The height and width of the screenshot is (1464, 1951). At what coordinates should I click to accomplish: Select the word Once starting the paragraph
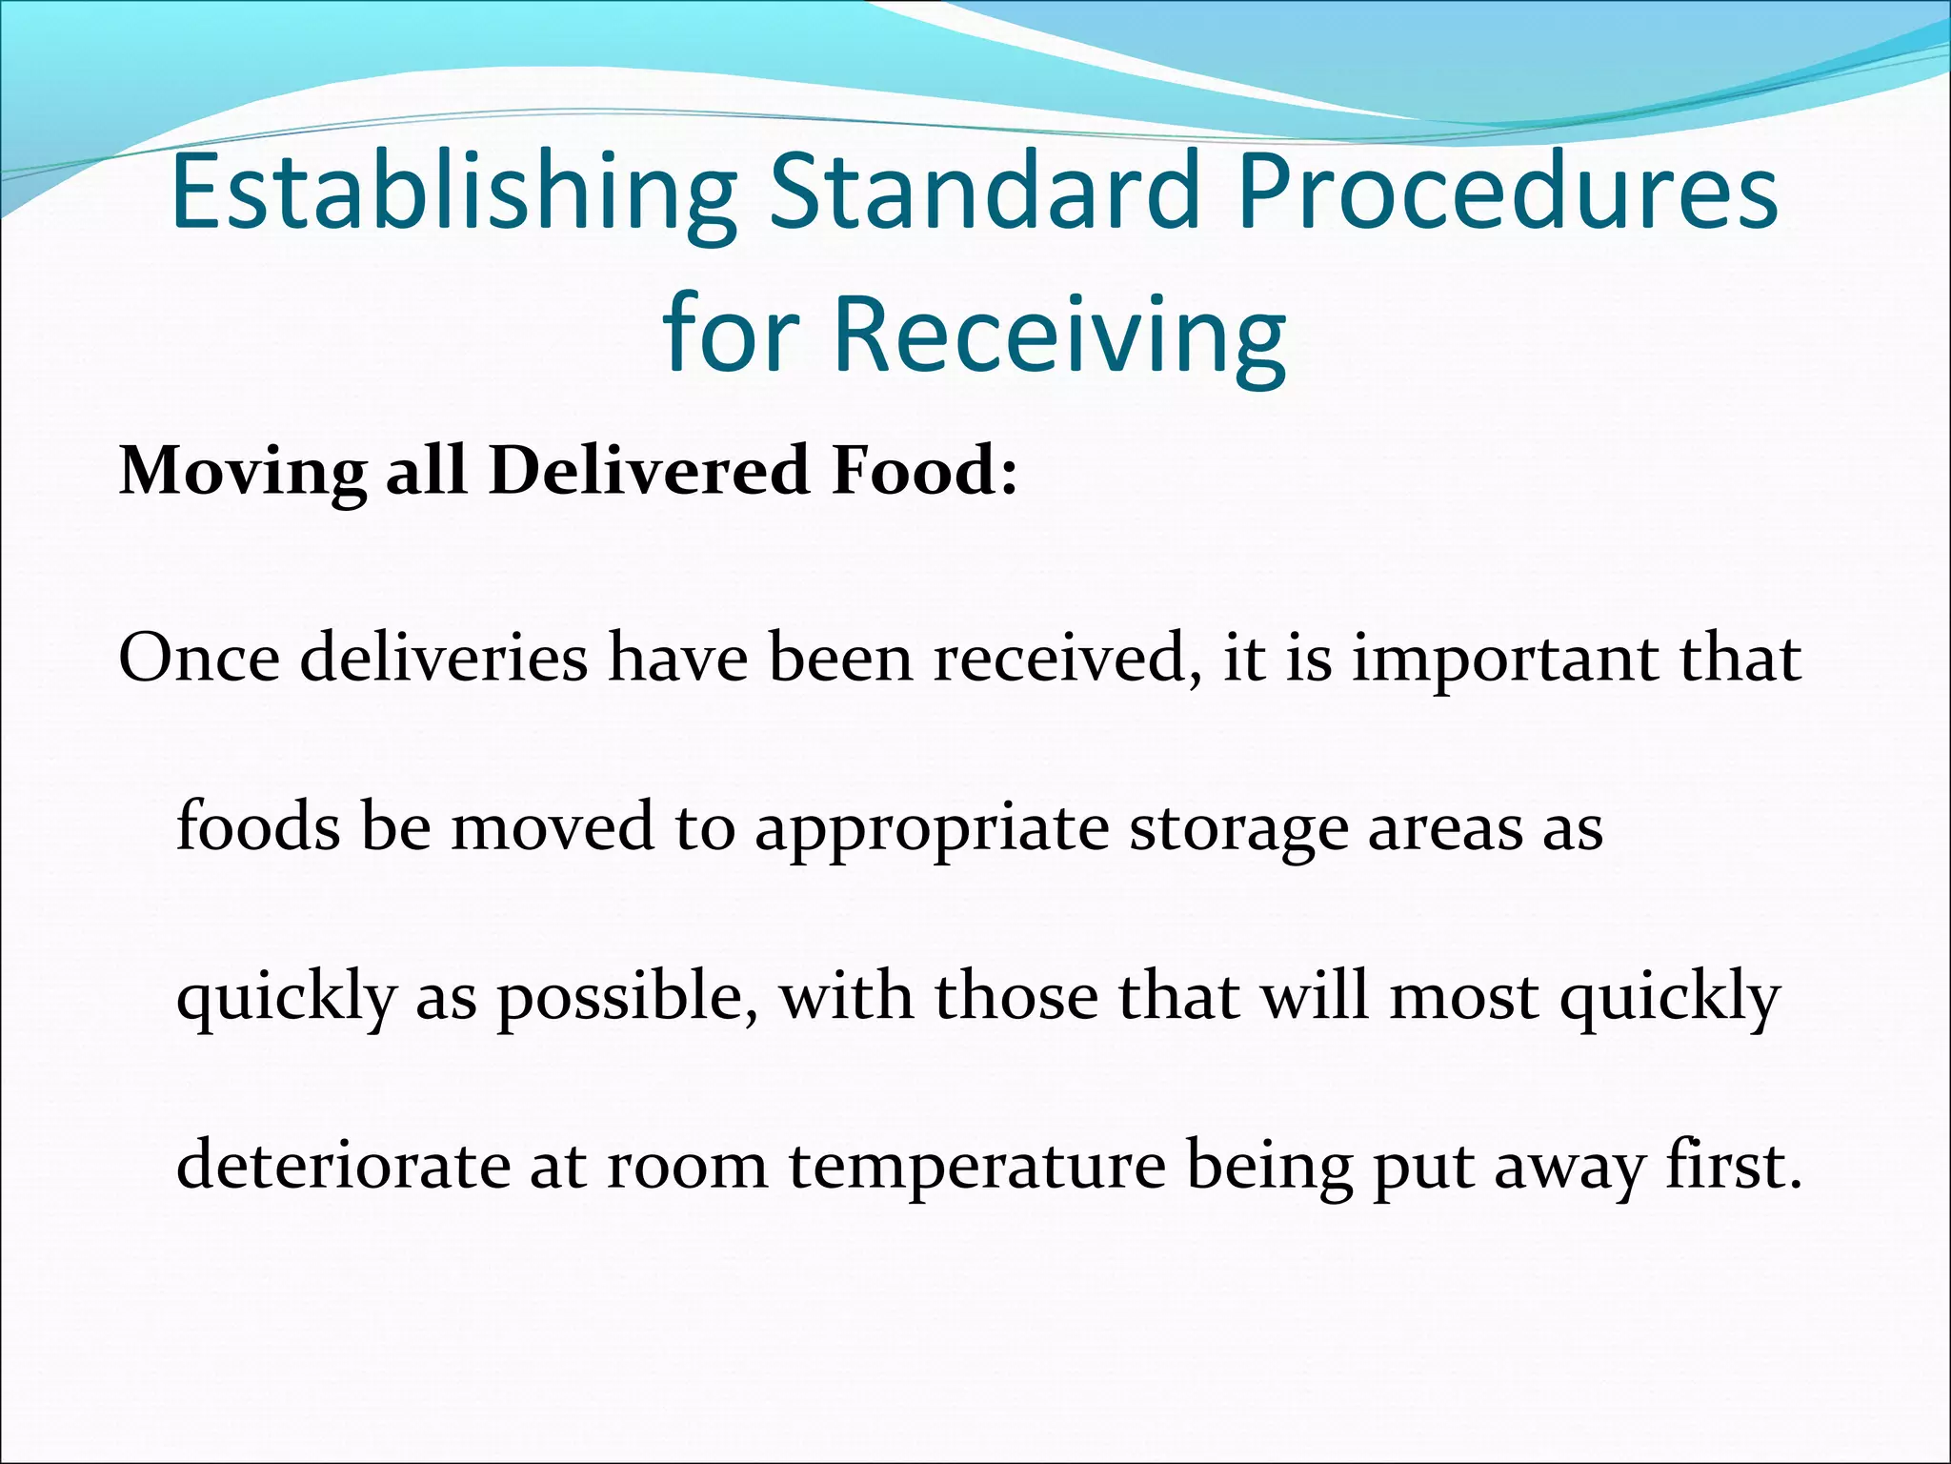199,659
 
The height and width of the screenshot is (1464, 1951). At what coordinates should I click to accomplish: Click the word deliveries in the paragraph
444,659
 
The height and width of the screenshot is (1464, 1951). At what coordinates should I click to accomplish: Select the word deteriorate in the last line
344,1167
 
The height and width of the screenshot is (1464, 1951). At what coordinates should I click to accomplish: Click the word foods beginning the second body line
258,827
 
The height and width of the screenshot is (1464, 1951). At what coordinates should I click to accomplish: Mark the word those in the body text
1016,997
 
